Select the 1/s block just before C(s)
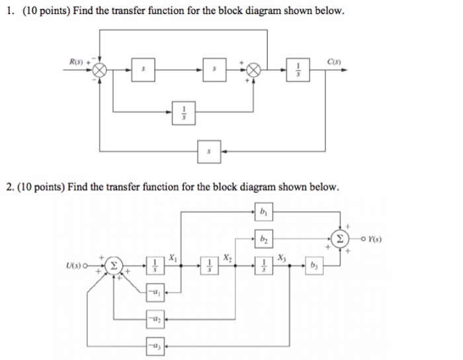[x=297, y=69]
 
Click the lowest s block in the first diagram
[x=209, y=151]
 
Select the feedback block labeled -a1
[x=155, y=292]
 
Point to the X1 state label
[x=173, y=256]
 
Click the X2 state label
[x=228, y=256]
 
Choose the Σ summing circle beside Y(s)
[x=341, y=238]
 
